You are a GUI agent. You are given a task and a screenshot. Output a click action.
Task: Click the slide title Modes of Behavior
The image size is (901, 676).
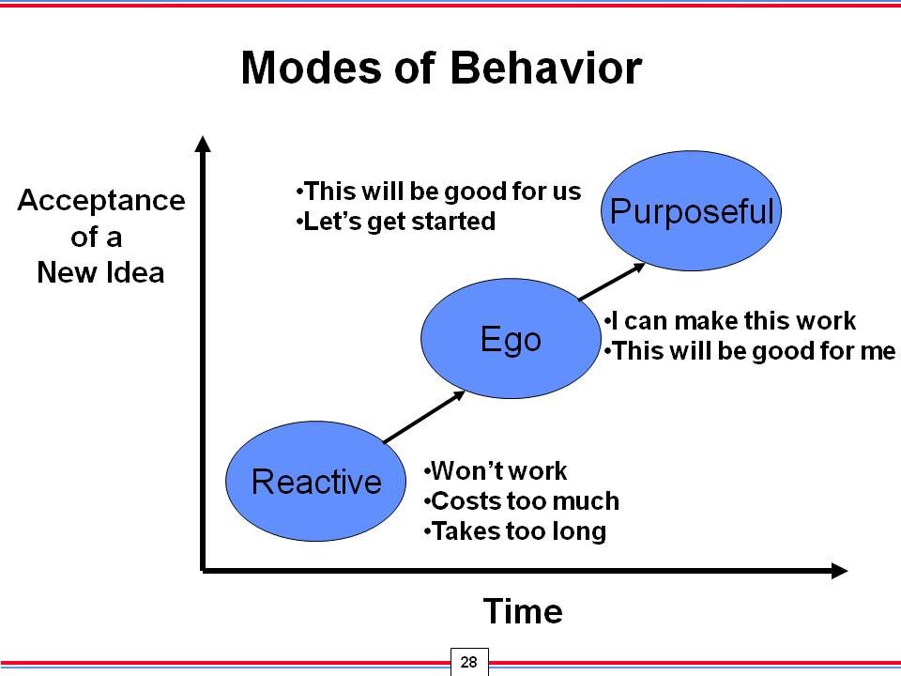441,68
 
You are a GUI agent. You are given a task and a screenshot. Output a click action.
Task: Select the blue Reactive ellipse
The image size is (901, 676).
315,481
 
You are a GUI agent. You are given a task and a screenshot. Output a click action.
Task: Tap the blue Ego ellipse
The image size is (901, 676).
511,339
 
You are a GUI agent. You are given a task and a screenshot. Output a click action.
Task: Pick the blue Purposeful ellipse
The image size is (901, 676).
692,210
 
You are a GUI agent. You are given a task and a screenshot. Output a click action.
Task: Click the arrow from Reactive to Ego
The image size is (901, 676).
424,417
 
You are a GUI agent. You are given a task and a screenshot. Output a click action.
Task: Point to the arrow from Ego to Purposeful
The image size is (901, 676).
612,282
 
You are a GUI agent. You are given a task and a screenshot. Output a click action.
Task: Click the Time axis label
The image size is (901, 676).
523,610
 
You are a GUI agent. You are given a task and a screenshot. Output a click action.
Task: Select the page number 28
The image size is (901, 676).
469,662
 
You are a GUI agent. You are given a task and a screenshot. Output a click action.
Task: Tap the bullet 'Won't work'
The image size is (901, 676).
496,470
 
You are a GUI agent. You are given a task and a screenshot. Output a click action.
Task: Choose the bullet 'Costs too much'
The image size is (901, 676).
522,500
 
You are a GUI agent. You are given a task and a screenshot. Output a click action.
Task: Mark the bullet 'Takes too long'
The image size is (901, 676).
515,531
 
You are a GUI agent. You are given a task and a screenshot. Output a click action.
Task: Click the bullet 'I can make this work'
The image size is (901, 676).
730,321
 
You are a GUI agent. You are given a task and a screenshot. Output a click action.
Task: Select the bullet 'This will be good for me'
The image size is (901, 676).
750,351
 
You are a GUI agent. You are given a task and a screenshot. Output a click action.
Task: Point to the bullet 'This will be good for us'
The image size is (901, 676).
438,192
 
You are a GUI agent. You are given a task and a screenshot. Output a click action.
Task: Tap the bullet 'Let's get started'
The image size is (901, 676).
395,222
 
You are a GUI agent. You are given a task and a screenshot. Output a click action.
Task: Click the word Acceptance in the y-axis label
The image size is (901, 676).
101,201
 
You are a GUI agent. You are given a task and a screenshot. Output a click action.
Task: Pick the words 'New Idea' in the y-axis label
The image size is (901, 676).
100,272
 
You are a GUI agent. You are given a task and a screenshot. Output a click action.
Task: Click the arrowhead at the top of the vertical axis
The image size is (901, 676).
203,143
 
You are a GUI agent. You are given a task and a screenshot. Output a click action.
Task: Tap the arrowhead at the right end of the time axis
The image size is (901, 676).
839,571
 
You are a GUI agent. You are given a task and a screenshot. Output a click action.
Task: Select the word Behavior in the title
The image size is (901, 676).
546,68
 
